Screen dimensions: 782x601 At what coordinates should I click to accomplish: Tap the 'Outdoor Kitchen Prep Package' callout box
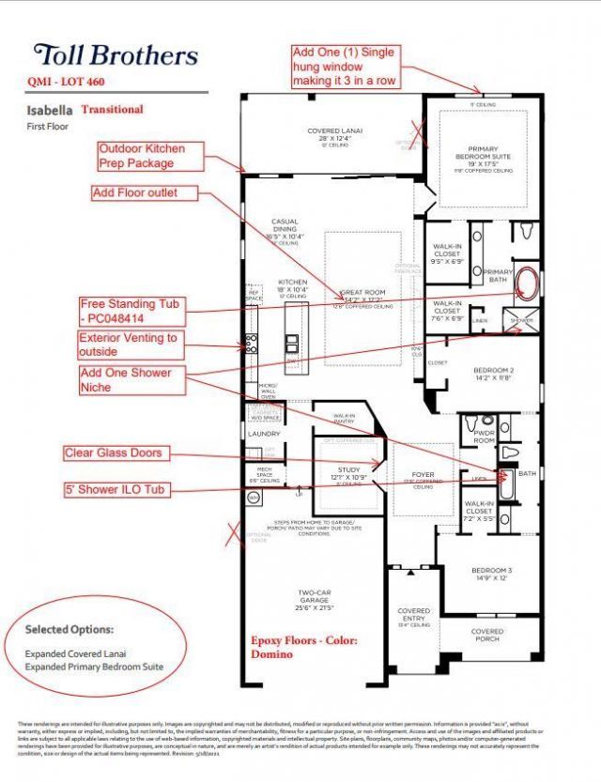point(143,156)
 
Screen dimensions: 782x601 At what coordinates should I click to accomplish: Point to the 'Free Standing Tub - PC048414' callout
point(131,312)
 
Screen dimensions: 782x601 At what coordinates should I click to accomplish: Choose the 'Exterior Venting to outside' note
point(129,345)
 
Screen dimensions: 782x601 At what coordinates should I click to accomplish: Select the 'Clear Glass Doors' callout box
point(113,453)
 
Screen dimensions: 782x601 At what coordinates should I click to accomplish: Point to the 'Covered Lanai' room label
point(334,135)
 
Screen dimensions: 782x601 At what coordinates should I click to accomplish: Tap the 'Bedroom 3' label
point(491,575)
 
